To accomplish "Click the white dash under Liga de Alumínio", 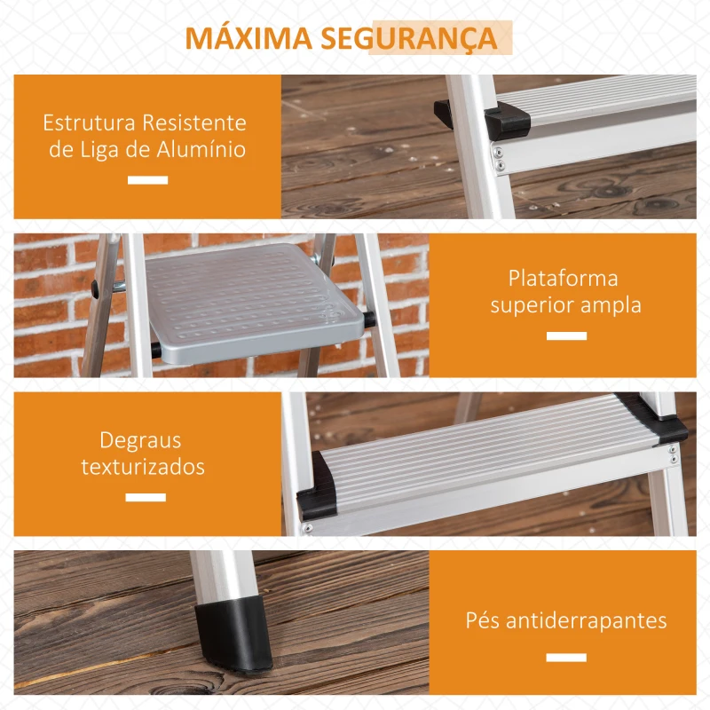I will click(x=147, y=180).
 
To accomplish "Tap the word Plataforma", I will click(x=564, y=278).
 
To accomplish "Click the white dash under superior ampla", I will click(x=566, y=336).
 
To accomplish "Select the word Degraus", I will click(x=140, y=440).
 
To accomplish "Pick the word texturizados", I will click(x=143, y=467).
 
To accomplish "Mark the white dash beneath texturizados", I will click(x=146, y=497).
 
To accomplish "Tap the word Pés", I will click(x=484, y=620).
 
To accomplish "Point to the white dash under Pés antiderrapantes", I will click(x=566, y=658).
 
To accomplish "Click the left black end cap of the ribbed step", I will click(x=319, y=489).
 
